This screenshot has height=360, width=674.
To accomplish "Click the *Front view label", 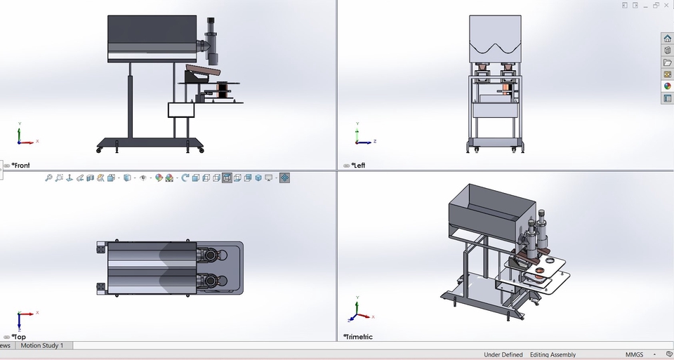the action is (20, 166).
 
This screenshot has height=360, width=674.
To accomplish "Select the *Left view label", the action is (358, 166).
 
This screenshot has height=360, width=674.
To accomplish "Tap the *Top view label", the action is (18, 338).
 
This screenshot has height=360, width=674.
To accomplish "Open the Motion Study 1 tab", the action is (42, 345).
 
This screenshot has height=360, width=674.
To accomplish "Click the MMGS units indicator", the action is (635, 355).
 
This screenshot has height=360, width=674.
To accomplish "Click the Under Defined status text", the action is (503, 355).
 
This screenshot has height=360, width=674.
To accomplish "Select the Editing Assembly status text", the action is (553, 355).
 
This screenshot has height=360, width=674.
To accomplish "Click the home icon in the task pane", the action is (668, 39).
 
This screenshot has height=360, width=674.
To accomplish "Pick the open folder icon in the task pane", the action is (668, 62).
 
